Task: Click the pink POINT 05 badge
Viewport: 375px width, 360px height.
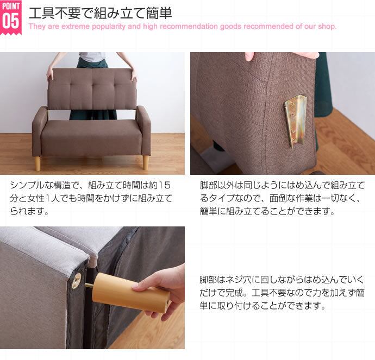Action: (11, 17)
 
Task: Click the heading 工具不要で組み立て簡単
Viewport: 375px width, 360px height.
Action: (100, 13)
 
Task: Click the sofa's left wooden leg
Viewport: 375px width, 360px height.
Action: (38, 163)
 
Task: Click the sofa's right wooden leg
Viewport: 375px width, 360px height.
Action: (146, 163)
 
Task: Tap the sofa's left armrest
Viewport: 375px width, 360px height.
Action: (40, 130)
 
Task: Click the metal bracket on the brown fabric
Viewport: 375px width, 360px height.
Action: (295, 121)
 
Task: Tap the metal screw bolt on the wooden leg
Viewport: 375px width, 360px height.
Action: (89, 285)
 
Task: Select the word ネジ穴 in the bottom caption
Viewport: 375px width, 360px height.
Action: (239, 280)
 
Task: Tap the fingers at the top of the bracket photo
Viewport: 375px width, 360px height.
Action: (249, 56)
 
